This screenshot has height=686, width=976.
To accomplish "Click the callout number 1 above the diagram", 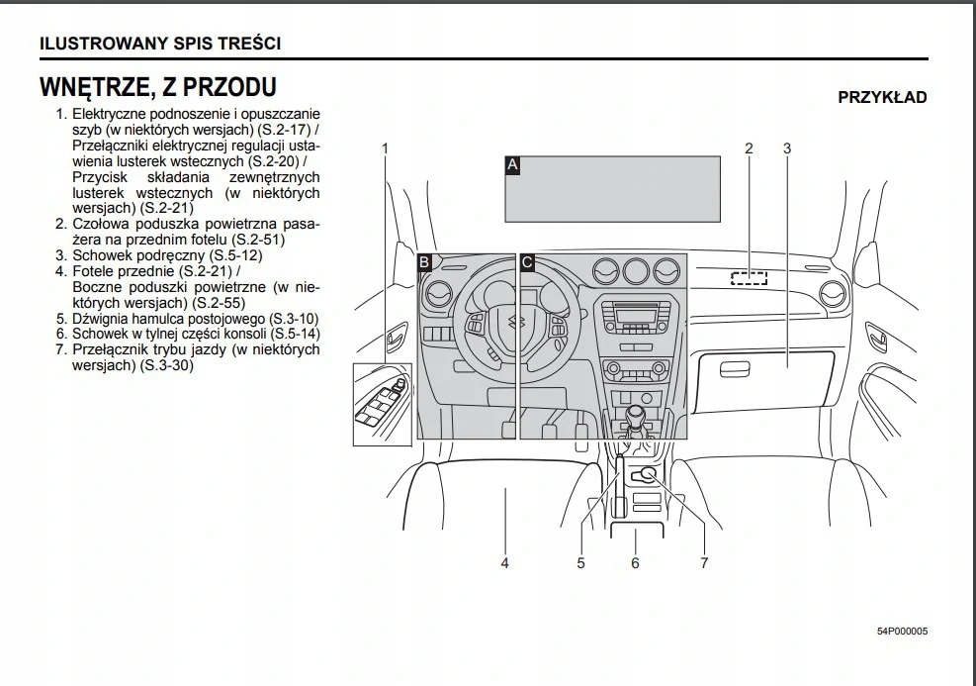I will (385, 148).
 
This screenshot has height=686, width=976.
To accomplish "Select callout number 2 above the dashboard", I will (749, 148).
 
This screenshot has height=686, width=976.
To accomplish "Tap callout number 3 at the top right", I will (787, 148).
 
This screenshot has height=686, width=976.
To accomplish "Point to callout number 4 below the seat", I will (504, 563).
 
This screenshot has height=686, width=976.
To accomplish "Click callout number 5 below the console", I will (581, 563).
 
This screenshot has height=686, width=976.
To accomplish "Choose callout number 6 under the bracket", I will (635, 563).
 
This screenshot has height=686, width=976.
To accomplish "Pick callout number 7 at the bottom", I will (704, 563).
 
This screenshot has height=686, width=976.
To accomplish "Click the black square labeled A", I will (512, 164).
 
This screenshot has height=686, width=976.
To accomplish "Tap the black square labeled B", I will (424, 262).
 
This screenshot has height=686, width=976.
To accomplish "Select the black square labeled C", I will (527, 262).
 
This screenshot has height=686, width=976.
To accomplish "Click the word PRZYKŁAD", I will (882, 97).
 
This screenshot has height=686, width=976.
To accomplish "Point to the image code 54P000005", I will (902, 632).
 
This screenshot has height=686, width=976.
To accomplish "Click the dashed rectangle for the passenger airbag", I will (749, 277).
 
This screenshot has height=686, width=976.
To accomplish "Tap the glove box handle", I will (734, 370).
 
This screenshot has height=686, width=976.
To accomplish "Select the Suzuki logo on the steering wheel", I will (514, 322).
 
